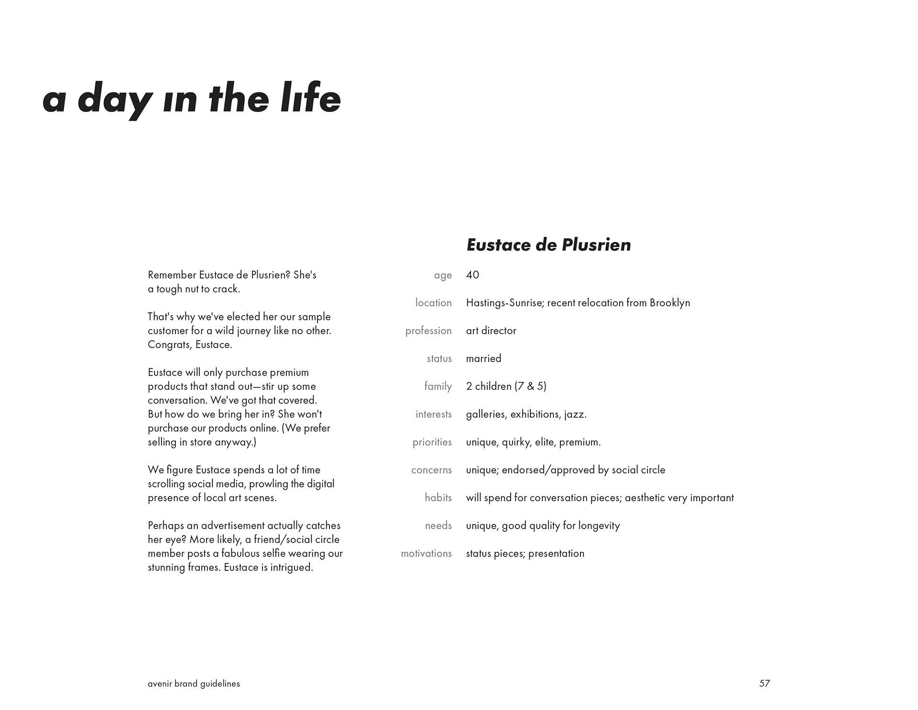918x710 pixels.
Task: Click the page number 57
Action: point(764,683)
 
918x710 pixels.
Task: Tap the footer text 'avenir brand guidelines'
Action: point(194,684)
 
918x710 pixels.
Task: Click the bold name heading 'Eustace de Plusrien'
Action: point(548,245)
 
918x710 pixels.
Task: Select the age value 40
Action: point(472,275)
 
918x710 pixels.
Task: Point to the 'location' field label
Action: point(433,303)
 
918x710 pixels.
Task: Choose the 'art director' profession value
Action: point(491,331)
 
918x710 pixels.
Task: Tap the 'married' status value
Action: point(483,358)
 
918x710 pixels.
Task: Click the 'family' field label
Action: point(437,386)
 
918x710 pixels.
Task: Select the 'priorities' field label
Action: point(432,442)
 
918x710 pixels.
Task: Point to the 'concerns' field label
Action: point(431,470)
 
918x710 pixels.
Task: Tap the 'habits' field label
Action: point(438,498)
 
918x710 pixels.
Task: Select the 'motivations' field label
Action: point(426,554)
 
